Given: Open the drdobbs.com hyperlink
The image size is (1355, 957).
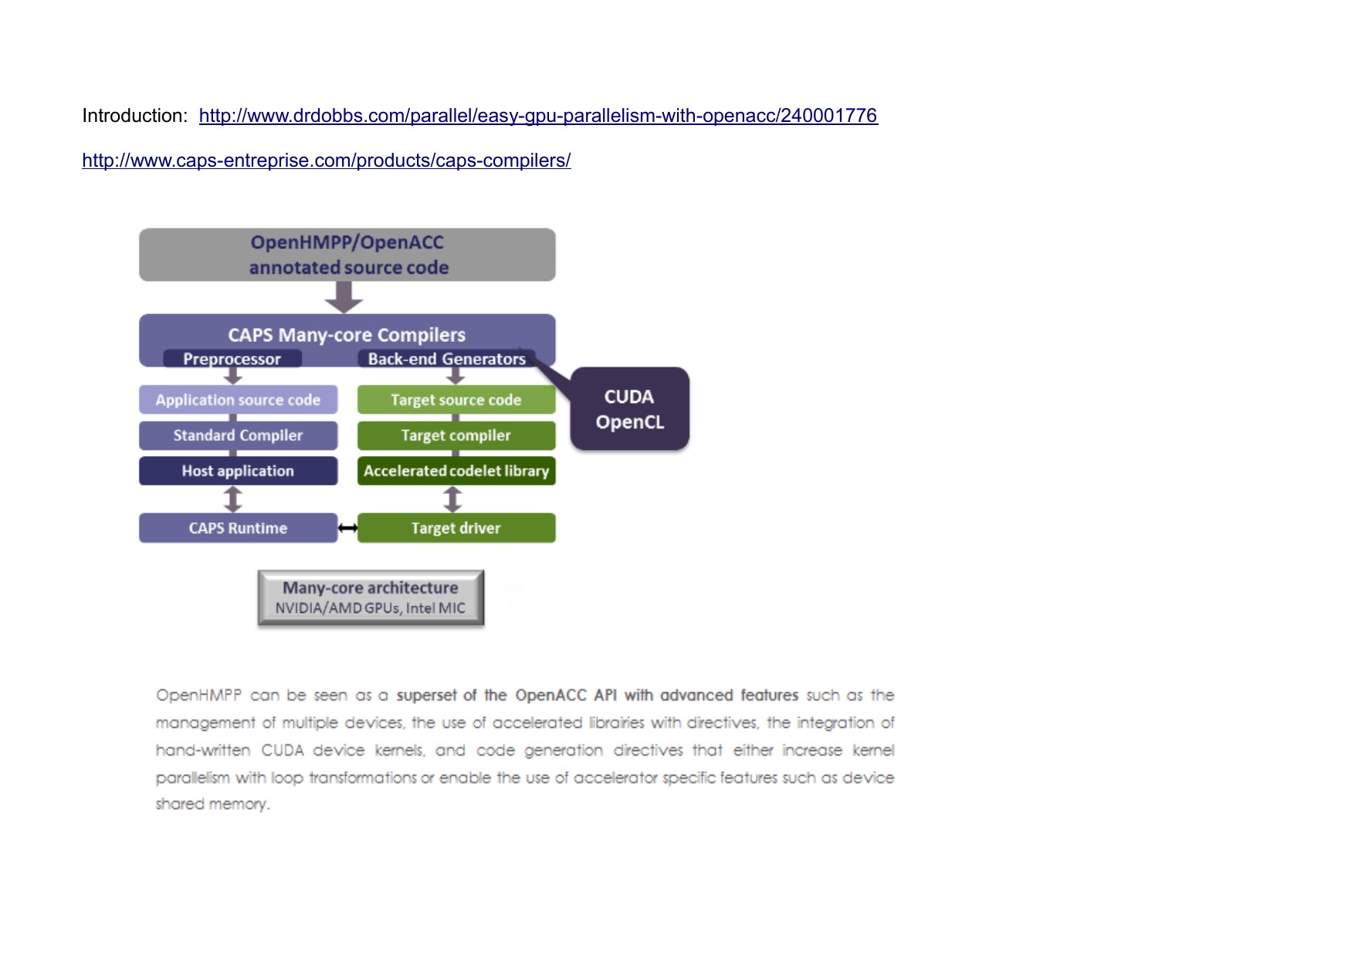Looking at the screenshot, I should tap(538, 116).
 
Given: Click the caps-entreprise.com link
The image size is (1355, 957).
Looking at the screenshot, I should tap(327, 161).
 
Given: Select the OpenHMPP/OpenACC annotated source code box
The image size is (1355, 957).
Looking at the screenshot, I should tap(347, 255).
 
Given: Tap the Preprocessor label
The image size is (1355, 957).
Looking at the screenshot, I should tap(232, 359).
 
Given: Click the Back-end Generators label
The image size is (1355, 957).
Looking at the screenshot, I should tap(446, 359).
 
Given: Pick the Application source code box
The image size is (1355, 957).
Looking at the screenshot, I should tap(238, 400).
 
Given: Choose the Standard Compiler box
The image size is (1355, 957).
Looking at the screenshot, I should tap(238, 435).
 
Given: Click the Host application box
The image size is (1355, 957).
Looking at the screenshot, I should tap(238, 471).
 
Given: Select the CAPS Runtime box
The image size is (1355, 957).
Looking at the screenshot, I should tap(238, 528).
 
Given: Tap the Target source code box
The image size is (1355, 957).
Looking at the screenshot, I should tap(456, 400).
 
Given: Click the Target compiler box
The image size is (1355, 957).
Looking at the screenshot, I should tap(456, 435).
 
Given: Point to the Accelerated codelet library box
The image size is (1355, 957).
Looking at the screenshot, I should tap(456, 471).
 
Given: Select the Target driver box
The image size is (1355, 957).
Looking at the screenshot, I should tap(456, 528).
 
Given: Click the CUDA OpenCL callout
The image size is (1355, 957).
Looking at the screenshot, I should tap(629, 409).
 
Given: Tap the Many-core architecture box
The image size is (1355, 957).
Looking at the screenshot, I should tap(371, 597).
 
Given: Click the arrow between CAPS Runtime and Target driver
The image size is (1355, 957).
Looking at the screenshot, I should tap(347, 528).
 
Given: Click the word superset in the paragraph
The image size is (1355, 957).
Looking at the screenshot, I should tap(426, 695).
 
